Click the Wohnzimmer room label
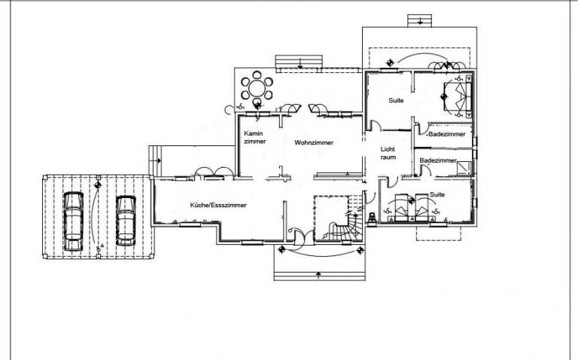pyautogui.click(x=314, y=142)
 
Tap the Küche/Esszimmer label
pyautogui.click(x=218, y=205)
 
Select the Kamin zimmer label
pyautogui.click(x=254, y=137)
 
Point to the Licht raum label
pyautogui.click(x=388, y=153)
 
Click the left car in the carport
pyautogui.click(x=73, y=221)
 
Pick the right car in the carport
pyautogui.click(x=126, y=221)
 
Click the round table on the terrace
pyautogui.click(x=257, y=89)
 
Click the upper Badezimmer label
pyautogui.click(x=447, y=134)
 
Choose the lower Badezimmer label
pyautogui.click(x=438, y=161)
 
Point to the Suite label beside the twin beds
pyautogui.click(x=437, y=194)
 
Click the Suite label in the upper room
pyautogui.click(x=396, y=100)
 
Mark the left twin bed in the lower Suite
pyautogui.click(x=401, y=208)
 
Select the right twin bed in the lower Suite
pyautogui.click(x=422, y=207)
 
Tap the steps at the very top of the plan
pyautogui.click(x=419, y=20)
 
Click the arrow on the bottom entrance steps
pyautogui.click(x=318, y=274)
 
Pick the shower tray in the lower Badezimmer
pyautogui.click(x=464, y=168)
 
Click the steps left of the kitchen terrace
pyautogui.click(x=155, y=161)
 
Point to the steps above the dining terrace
pyautogui.click(x=299, y=62)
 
